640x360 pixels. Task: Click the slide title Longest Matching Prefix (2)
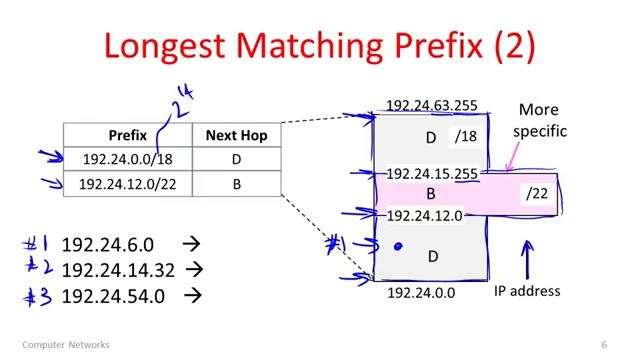point(319,46)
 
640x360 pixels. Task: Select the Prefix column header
point(128,135)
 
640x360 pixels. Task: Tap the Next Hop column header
point(236,135)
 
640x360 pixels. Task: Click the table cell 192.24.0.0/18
point(128,159)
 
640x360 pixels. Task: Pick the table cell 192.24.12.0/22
point(128,184)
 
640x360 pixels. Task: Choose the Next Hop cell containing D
point(236,159)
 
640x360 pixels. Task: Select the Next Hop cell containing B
point(236,184)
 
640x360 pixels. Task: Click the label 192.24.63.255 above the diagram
point(432,105)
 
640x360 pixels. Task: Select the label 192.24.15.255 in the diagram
point(432,174)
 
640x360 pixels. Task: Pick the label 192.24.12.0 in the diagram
point(425,215)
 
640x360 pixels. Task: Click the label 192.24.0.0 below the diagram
point(421,293)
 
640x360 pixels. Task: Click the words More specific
point(541,120)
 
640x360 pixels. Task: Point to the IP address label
point(527,291)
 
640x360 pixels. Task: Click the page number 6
point(604,345)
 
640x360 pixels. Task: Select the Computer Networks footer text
point(66,345)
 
